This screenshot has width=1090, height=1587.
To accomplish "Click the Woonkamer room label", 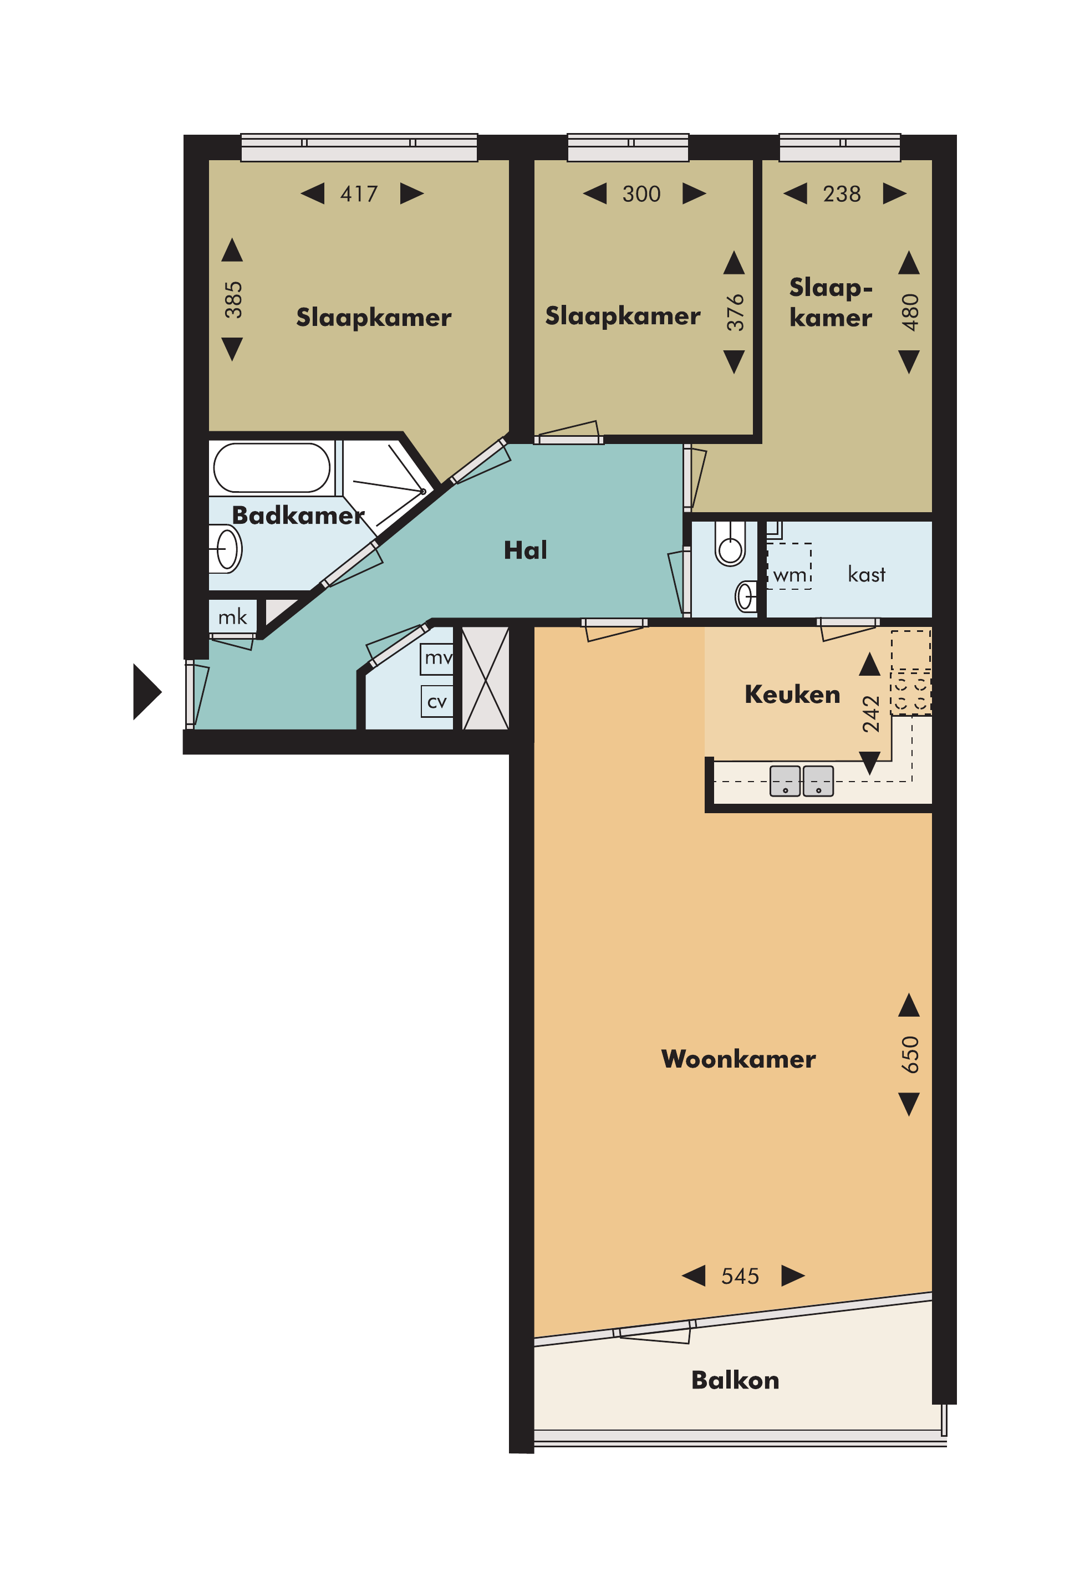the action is pyautogui.click(x=738, y=1059).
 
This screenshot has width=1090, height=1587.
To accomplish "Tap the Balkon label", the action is pyautogui.click(x=735, y=1380).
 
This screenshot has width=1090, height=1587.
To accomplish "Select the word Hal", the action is pyautogui.click(x=525, y=550).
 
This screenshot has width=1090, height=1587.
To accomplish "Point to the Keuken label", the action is pyautogui.click(x=792, y=694).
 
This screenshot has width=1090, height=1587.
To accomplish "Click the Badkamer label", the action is pyautogui.click(x=298, y=515).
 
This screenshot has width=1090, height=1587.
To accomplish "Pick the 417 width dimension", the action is pyautogui.click(x=359, y=194).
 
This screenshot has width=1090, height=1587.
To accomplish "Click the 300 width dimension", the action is pyautogui.click(x=641, y=194).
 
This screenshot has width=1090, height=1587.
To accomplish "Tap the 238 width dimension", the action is pyautogui.click(x=842, y=194).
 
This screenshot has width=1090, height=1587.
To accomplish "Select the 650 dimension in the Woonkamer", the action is pyautogui.click(x=910, y=1054).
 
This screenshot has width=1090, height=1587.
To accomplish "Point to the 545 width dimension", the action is pyautogui.click(x=740, y=1275).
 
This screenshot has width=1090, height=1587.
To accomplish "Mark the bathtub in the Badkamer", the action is pyautogui.click(x=272, y=468).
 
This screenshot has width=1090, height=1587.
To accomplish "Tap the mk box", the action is pyautogui.click(x=233, y=616).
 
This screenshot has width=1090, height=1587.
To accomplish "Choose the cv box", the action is pyautogui.click(x=437, y=701).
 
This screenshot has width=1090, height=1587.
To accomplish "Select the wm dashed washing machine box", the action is pyautogui.click(x=790, y=566).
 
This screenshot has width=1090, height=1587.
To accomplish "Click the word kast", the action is pyautogui.click(x=867, y=574).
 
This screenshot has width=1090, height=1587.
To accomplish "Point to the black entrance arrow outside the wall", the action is pyautogui.click(x=147, y=692).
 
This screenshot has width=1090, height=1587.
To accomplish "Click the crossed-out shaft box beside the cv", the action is pyautogui.click(x=486, y=678).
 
